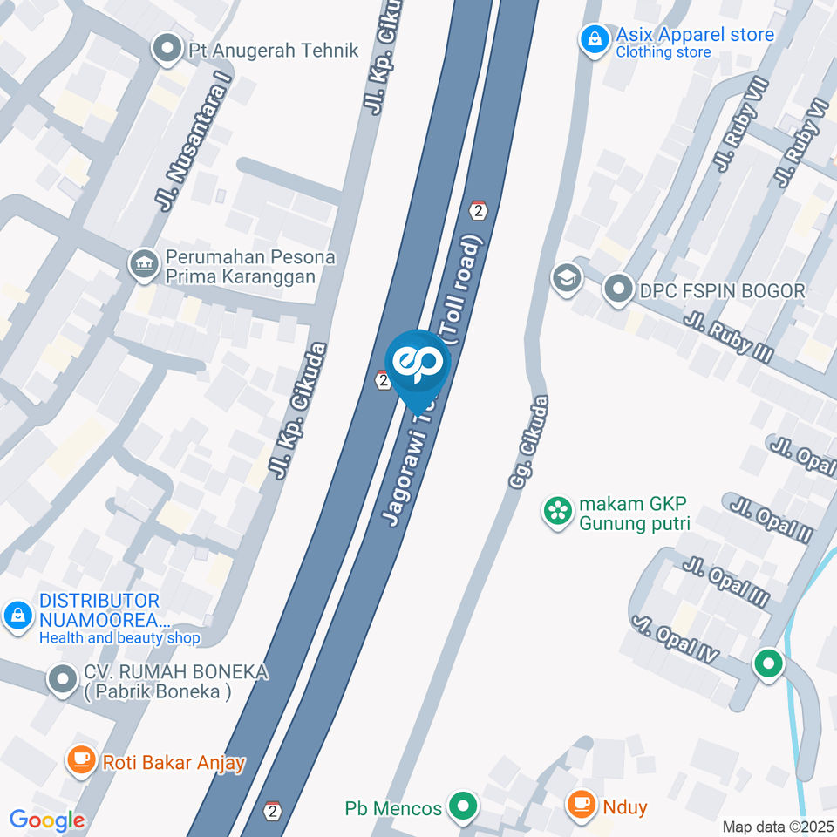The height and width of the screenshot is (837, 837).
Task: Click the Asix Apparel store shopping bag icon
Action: pyautogui.click(x=594, y=38)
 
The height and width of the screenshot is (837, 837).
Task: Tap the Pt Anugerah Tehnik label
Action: pyautogui.click(x=273, y=51)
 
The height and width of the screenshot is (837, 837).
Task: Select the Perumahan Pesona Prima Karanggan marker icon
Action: pyautogui.click(x=141, y=265)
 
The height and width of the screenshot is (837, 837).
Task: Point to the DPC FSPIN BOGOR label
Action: pyautogui.click(x=721, y=290)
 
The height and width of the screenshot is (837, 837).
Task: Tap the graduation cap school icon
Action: pyautogui.click(x=567, y=280)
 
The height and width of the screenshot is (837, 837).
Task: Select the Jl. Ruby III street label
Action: pyautogui.click(x=730, y=340)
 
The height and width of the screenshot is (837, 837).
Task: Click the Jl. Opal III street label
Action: pyautogui.click(x=726, y=582)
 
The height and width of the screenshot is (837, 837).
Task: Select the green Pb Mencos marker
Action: pyautogui.click(x=463, y=807)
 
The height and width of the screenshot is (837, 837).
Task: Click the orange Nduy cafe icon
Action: pyautogui.click(x=581, y=806)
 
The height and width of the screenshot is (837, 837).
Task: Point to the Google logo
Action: pyautogui.click(x=47, y=820)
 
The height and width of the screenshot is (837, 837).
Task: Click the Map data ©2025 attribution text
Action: pyautogui.click(x=779, y=827)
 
